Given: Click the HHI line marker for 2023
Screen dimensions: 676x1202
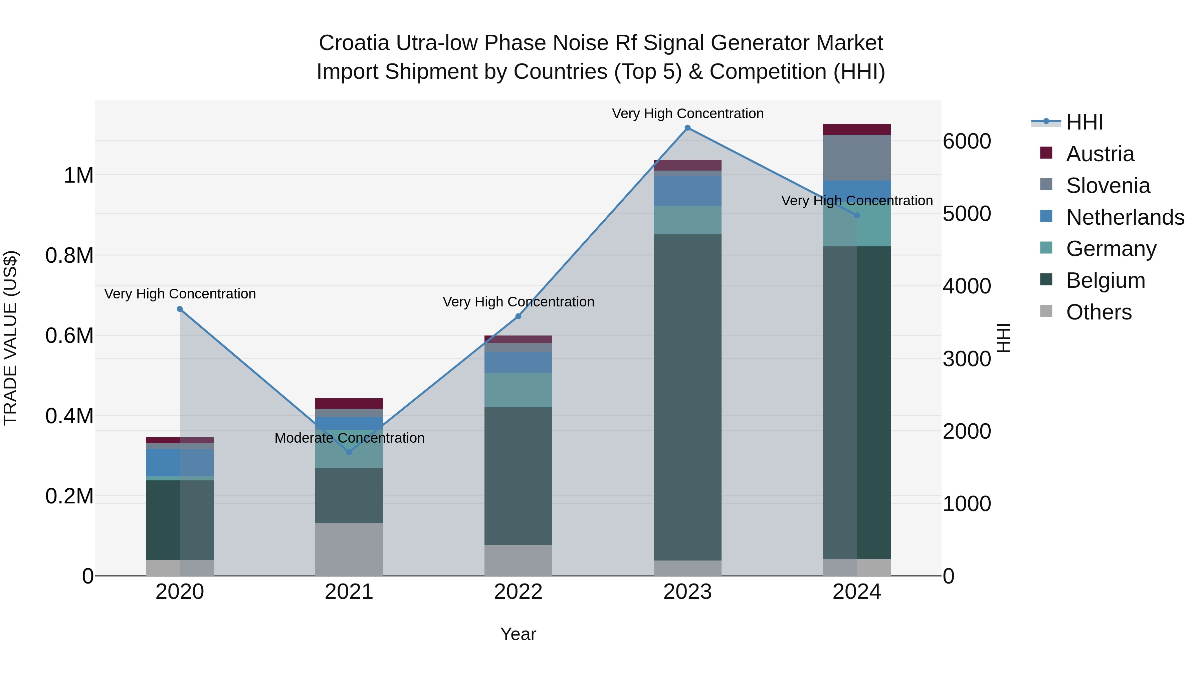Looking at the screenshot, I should pyautogui.click(x=687, y=128).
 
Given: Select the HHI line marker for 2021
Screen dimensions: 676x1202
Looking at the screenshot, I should pyautogui.click(x=349, y=452).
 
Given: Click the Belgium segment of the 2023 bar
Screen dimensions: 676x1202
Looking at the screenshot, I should pyautogui.click(x=687, y=397).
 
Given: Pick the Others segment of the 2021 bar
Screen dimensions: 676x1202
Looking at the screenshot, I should pyautogui.click(x=349, y=549).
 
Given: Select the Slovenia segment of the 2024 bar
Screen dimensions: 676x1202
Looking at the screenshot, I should pyautogui.click(x=857, y=158).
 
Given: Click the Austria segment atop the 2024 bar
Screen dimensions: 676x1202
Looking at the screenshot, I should pyautogui.click(x=857, y=129).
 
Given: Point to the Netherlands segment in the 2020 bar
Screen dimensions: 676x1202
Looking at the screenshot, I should pyautogui.click(x=180, y=462).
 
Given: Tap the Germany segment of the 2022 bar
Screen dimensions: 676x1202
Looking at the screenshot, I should pyautogui.click(x=518, y=390).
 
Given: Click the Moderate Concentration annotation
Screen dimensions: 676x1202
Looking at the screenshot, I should pyautogui.click(x=350, y=438).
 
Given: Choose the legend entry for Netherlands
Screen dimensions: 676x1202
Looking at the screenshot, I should pyautogui.click(x=1125, y=217).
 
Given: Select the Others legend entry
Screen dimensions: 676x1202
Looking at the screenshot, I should pyautogui.click(x=1098, y=312).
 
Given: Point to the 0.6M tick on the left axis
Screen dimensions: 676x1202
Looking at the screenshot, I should pyautogui.click(x=69, y=336).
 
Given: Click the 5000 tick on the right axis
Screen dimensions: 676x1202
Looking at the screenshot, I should pyautogui.click(x=966, y=214).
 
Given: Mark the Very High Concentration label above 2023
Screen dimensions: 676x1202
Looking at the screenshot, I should pyautogui.click(x=687, y=114).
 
